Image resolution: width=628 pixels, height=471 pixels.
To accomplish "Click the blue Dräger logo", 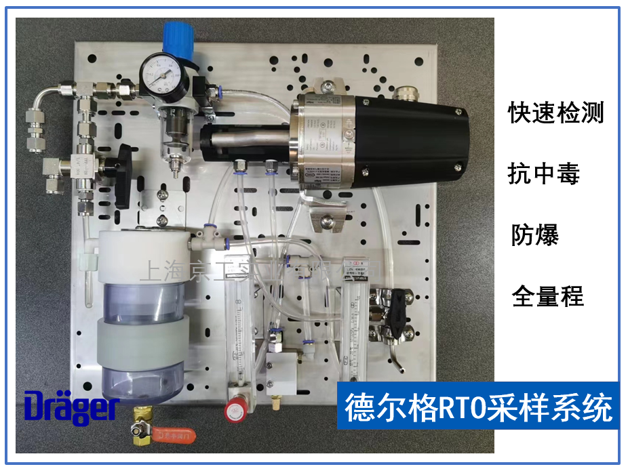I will [x=72, y=406].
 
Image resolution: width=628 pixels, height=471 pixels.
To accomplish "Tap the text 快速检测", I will [x=556, y=113].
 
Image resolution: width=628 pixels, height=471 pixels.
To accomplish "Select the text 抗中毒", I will [x=544, y=175].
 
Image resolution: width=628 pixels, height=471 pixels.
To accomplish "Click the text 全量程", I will [x=547, y=296].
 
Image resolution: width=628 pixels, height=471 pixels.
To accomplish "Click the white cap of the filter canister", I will [x=142, y=254].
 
